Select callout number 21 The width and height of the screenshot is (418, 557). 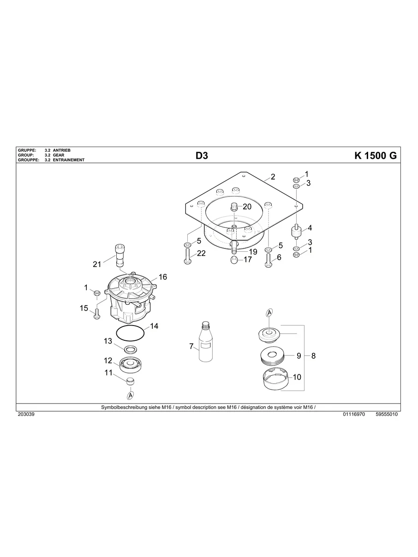[97, 264]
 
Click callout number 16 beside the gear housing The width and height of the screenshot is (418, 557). [163, 277]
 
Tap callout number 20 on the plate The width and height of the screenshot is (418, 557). [247, 206]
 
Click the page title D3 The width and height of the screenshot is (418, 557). [202, 156]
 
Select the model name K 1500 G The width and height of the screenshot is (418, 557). [376, 156]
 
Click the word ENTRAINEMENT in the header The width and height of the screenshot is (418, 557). [69, 160]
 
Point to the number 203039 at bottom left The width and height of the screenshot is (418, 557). [25, 415]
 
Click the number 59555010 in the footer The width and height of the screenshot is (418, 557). [387, 415]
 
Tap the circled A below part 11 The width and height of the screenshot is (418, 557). [131, 395]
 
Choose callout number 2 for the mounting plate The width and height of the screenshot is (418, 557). [273, 177]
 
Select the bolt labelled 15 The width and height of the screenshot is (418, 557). [97, 314]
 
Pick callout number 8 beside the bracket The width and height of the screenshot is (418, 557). [314, 356]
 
